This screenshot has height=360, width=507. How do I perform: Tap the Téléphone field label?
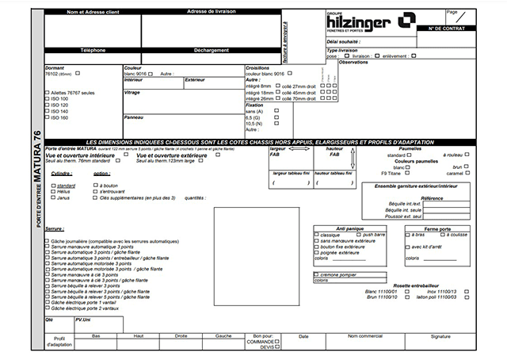(x=93, y=50)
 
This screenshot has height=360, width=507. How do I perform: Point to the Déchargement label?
(x=208, y=50)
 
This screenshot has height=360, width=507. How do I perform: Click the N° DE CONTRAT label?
(x=470, y=29)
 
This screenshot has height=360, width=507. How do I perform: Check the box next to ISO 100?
(x=47, y=98)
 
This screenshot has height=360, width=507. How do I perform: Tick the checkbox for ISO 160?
(x=47, y=117)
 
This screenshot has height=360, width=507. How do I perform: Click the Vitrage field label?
(x=132, y=93)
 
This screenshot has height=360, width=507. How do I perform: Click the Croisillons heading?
(x=258, y=67)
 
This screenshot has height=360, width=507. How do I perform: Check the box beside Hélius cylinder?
(x=52, y=191)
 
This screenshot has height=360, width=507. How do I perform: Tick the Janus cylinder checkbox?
(x=52, y=197)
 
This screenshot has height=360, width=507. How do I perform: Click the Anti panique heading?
(x=349, y=228)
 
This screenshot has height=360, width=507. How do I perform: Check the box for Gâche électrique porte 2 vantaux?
(x=47, y=308)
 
